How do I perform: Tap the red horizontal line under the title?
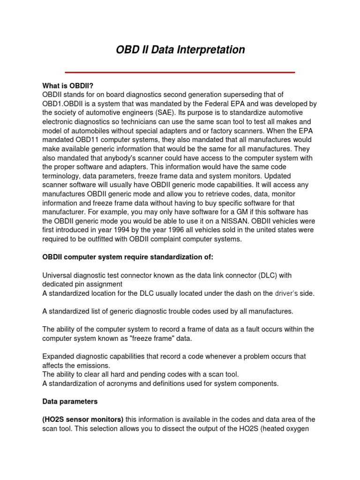(x=180, y=72)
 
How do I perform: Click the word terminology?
(x=63, y=176)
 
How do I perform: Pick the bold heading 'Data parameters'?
(x=70, y=402)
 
